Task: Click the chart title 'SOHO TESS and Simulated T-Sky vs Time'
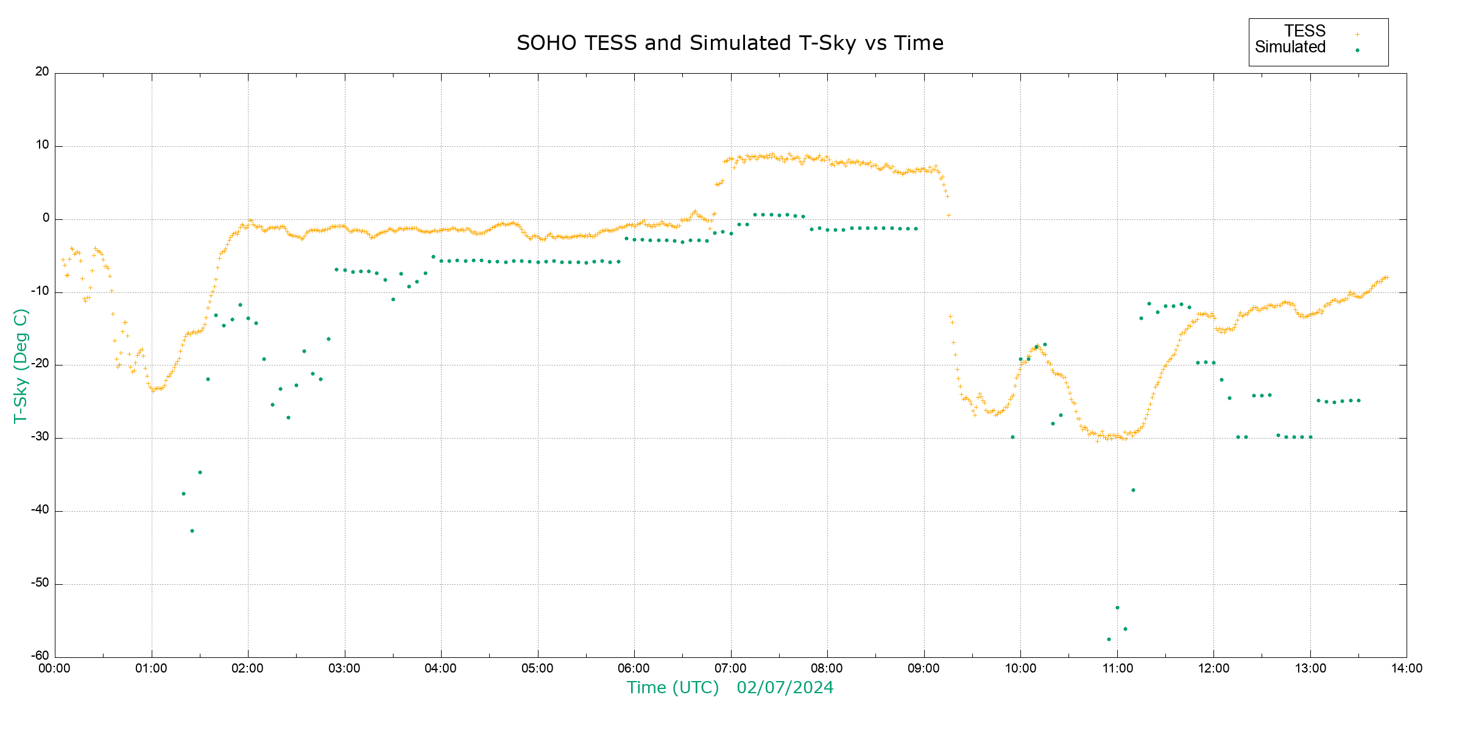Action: [730, 43]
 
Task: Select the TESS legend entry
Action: [1305, 31]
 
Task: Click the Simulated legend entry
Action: [1290, 48]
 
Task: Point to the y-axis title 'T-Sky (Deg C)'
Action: [21, 365]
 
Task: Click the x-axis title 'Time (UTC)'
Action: [673, 688]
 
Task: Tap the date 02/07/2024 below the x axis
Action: [785, 688]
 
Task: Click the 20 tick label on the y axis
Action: [42, 72]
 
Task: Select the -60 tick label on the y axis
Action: [40, 656]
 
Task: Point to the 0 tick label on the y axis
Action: [46, 218]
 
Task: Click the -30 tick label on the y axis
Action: [40, 437]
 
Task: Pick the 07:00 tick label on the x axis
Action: [730, 668]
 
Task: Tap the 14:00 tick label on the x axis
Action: [1407, 668]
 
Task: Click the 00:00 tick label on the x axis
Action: [55, 668]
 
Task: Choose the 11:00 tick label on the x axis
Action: [1117, 668]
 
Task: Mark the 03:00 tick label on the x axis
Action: [345, 668]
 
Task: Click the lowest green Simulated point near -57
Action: [1109, 639]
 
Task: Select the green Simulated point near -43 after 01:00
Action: [192, 531]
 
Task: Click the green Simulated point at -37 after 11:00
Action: [1133, 490]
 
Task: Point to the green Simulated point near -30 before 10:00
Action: [1012, 437]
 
